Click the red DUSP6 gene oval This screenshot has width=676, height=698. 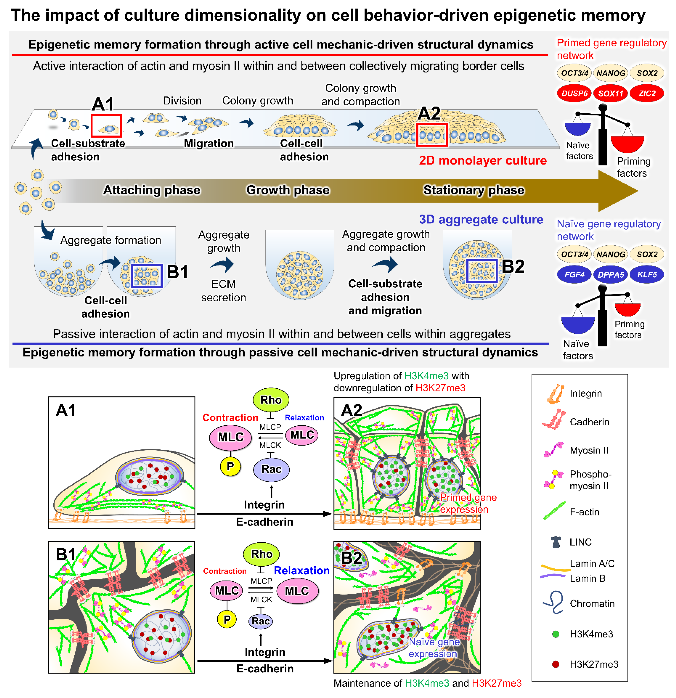click(574, 93)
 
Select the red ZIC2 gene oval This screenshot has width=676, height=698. click(646, 93)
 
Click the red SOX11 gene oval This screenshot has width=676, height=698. click(610, 93)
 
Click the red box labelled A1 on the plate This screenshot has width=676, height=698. click(106, 125)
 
